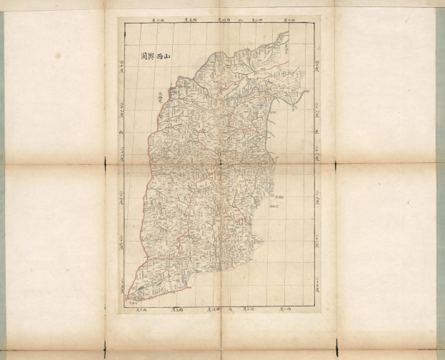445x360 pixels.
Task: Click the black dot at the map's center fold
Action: coord(221,163)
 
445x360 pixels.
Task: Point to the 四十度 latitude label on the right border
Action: coord(316,69)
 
